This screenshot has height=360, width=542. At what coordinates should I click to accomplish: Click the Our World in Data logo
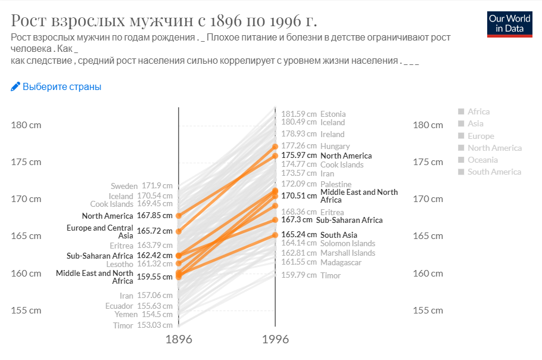pos(509,23)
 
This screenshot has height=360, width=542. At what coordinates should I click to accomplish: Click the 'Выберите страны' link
pos(56,87)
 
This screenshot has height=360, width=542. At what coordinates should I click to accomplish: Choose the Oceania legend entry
pos(482,160)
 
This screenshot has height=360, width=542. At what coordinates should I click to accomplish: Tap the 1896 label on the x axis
pos(178,339)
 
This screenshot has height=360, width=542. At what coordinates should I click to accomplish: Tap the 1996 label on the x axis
pos(275,339)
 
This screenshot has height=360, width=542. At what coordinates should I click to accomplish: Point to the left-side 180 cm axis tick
pos(26,125)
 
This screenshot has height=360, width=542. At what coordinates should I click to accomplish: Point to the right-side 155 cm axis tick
pos(428,311)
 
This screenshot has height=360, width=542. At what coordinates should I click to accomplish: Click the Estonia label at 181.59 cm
pos(332,114)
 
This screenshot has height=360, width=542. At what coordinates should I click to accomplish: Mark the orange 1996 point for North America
pos(275,156)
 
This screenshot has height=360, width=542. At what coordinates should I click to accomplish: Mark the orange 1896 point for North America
pos(179,216)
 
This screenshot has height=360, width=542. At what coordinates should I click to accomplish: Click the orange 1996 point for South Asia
pos(275,235)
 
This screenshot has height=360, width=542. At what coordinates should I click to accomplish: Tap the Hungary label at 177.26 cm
pos(335,146)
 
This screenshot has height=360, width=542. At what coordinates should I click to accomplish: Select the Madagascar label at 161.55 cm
pos(341,262)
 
